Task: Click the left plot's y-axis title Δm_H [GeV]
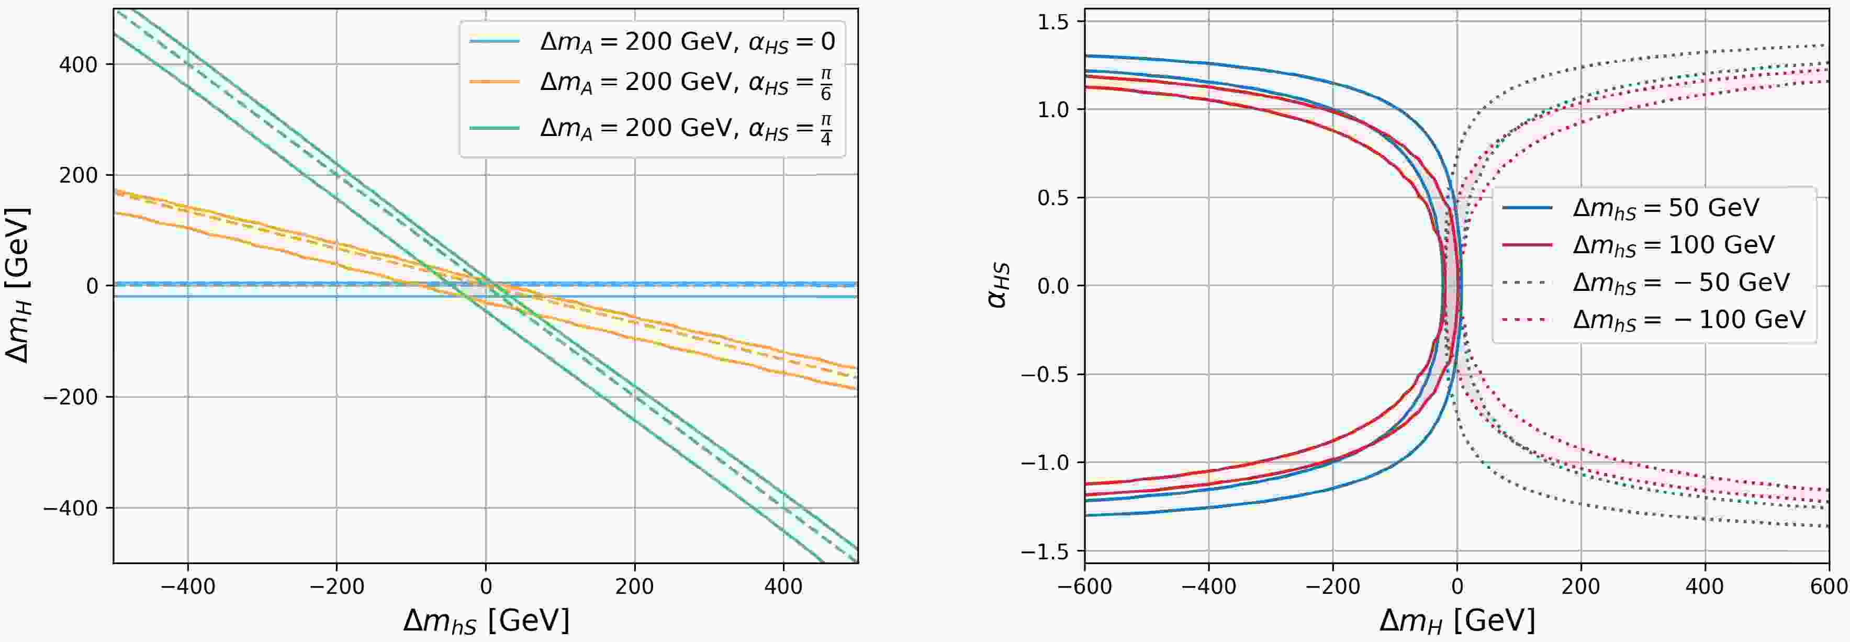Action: (x=17, y=286)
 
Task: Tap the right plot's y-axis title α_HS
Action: (x=998, y=286)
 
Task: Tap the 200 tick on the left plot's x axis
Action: (x=634, y=587)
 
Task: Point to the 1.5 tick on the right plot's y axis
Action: (x=1053, y=21)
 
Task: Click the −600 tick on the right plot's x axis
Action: (x=1084, y=587)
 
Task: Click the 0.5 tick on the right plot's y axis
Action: (x=1053, y=197)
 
